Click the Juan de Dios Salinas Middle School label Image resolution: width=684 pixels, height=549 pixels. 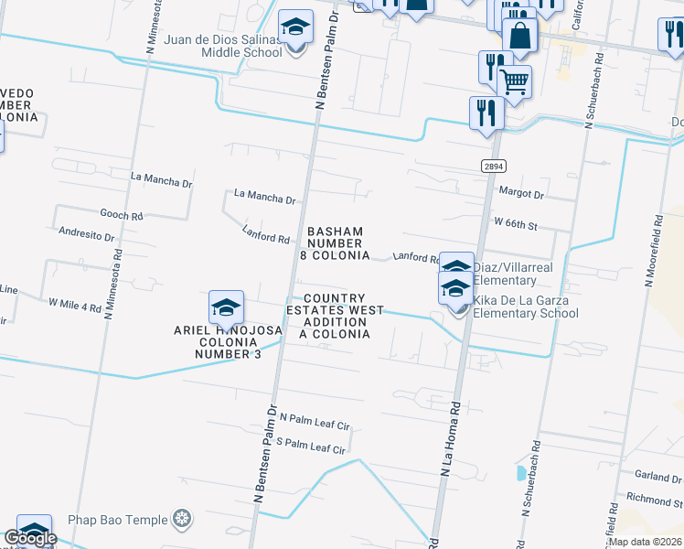[x=223, y=46]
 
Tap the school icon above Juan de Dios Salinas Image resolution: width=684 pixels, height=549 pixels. [x=295, y=27]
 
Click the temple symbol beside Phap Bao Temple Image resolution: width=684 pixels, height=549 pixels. [x=183, y=520]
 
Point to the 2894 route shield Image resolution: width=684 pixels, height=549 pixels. [x=493, y=166]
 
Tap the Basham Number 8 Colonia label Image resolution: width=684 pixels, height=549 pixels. [x=335, y=243]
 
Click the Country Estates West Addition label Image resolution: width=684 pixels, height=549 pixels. [x=335, y=317]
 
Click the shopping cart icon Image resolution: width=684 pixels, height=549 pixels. [x=515, y=81]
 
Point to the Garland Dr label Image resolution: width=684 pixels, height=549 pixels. [x=657, y=477]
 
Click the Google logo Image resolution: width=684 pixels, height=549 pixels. [x=29, y=539]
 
